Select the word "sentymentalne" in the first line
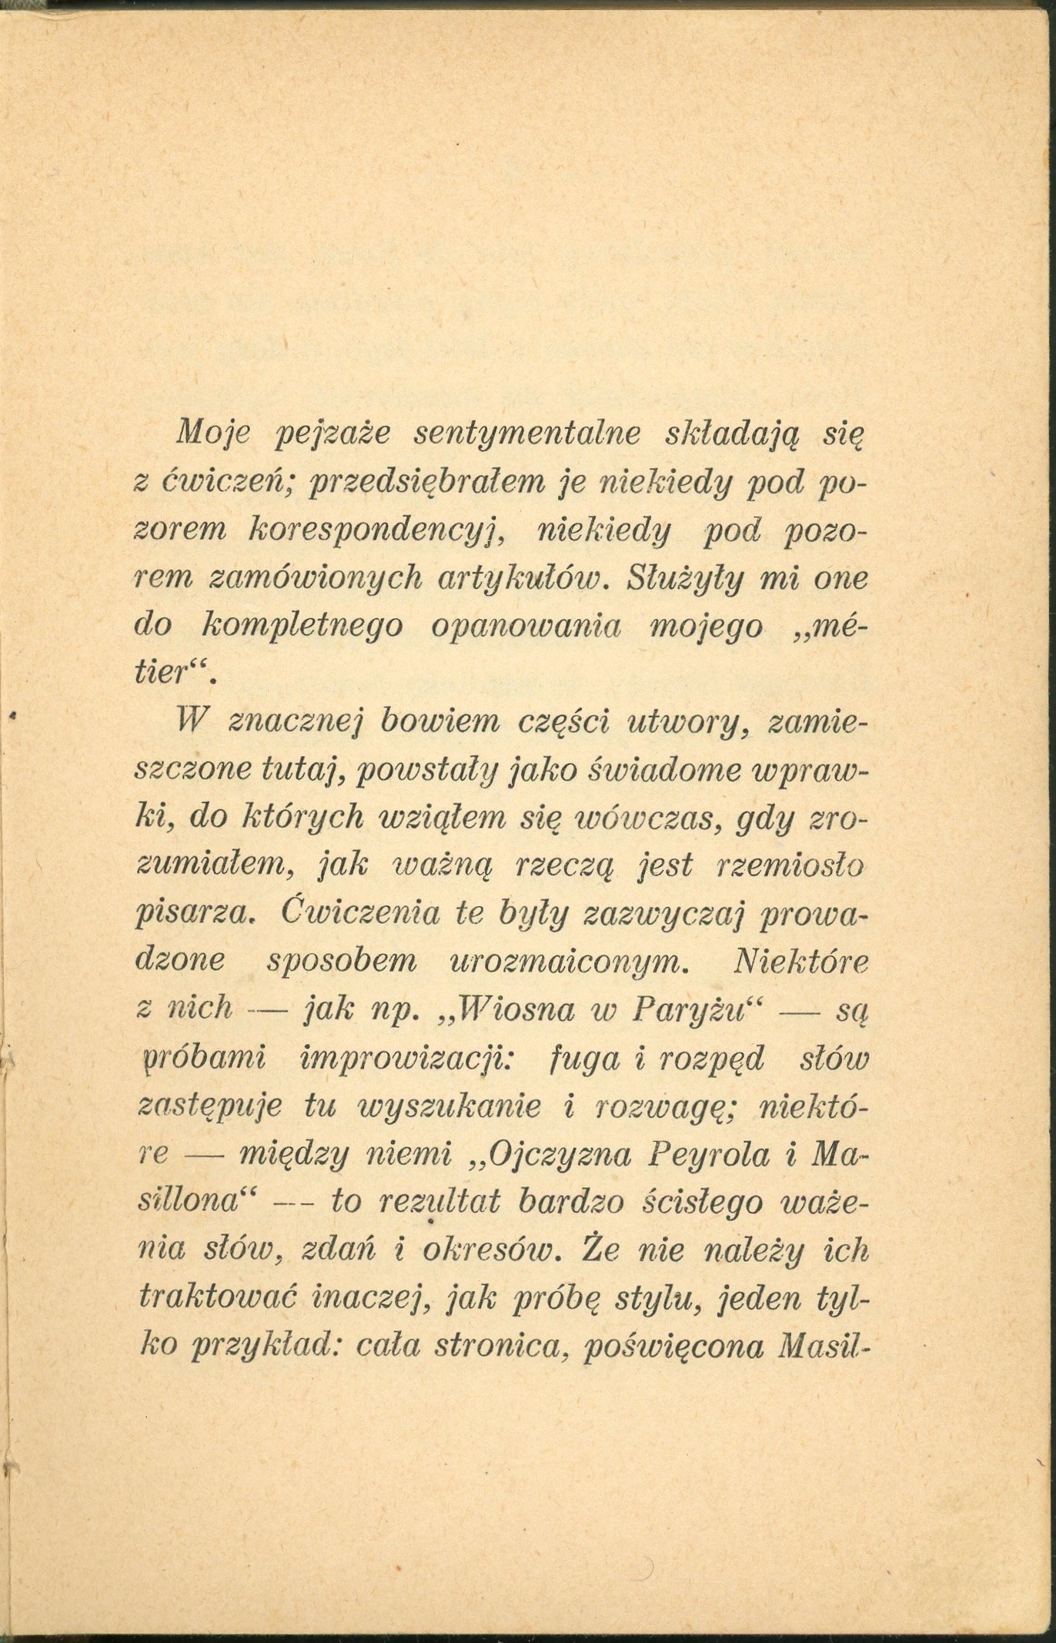[x=527, y=433]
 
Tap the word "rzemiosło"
[x=790, y=865]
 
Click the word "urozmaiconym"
[x=566, y=962]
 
